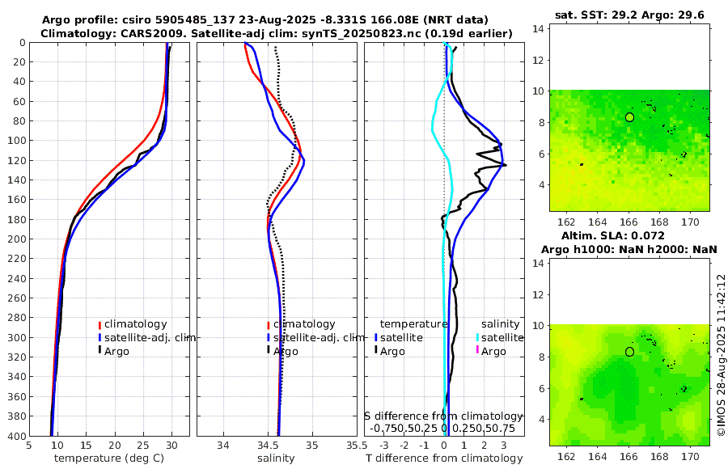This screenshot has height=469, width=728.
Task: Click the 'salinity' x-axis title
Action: click(275, 458)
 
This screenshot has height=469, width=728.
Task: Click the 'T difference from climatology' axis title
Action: click(444, 458)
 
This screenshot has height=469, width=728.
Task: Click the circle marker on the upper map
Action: click(629, 117)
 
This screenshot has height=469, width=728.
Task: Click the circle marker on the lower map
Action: click(629, 352)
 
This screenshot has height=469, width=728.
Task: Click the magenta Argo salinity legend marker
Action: click(477, 351)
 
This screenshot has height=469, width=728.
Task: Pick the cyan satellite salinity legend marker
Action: click(477, 337)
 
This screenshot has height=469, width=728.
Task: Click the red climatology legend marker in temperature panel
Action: click(99, 325)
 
